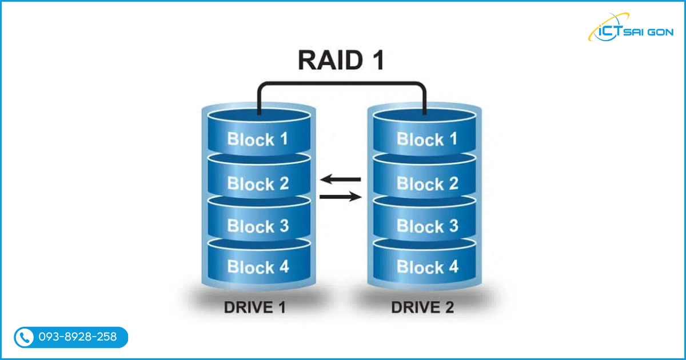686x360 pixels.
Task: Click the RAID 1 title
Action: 341,61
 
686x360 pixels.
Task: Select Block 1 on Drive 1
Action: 257,139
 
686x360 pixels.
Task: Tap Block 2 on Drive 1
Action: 257,183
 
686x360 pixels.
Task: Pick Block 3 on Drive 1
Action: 257,226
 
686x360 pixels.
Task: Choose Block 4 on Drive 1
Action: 257,266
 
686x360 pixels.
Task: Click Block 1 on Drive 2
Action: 427,139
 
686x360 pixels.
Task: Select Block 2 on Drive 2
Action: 427,183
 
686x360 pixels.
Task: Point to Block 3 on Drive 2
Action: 427,226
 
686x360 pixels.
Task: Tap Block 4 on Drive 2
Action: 427,266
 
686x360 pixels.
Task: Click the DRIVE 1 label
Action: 254,307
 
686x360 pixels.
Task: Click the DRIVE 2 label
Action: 422,307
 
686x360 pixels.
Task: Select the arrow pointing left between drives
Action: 340,179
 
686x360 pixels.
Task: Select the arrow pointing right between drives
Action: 341,197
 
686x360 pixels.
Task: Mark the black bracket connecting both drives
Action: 341,85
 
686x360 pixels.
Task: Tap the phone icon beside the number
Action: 24,337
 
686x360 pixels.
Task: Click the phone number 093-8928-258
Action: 77,337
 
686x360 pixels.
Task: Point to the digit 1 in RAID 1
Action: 375,61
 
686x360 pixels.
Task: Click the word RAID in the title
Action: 329,61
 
